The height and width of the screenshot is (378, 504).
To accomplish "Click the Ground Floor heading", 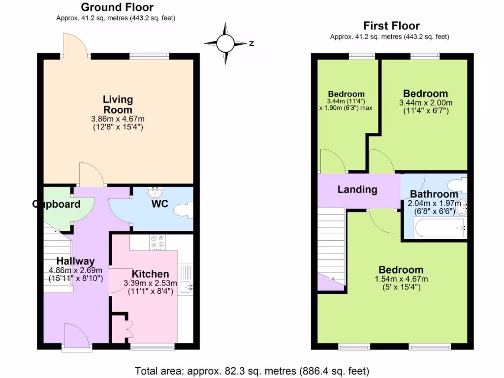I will click(x=117, y=7).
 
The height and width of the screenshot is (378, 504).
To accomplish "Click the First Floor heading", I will click(x=391, y=26).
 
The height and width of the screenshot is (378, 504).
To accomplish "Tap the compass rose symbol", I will click(x=226, y=43).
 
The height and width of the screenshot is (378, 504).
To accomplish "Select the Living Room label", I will click(x=118, y=104).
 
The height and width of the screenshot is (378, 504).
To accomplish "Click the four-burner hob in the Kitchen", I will click(x=157, y=243).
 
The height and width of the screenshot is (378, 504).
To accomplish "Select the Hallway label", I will click(x=75, y=261).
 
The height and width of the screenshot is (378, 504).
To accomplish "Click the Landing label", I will click(x=357, y=189).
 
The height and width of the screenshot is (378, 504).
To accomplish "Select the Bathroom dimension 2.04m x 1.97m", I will click(x=434, y=203).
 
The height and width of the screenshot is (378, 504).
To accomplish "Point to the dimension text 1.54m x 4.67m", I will click(x=401, y=279).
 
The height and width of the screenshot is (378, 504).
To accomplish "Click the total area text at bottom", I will click(x=252, y=371).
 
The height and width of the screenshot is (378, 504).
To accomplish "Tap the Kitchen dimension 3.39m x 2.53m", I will click(x=151, y=283).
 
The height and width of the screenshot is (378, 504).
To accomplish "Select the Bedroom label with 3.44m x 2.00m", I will click(x=426, y=94).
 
